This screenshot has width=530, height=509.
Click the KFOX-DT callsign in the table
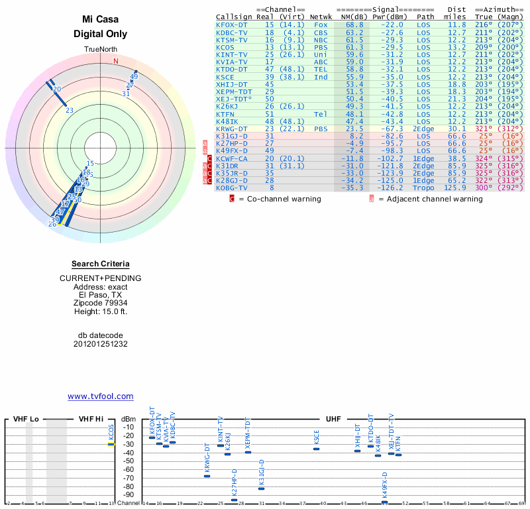[231, 25]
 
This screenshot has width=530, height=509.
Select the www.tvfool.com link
[100, 396]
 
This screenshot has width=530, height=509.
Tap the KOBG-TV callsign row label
[231, 188]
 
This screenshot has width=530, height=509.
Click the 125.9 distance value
[455, 188]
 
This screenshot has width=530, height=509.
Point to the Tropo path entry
[423, 188]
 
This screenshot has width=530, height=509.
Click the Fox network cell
[321, 25]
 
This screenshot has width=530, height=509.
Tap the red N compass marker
[116, 62]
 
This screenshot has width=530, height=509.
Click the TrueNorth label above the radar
[100, 50]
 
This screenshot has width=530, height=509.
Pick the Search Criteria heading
[100, 264]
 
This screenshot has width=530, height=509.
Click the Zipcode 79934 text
[100, 302]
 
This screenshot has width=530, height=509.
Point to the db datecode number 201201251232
[100, 344]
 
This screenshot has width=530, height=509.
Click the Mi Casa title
[100, 19]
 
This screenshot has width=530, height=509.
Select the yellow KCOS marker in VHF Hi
[111, 444]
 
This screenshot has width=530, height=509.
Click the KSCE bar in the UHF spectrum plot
[317, 449]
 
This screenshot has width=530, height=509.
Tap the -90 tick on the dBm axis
[128, 494]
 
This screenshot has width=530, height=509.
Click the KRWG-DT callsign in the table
[231, 129]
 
